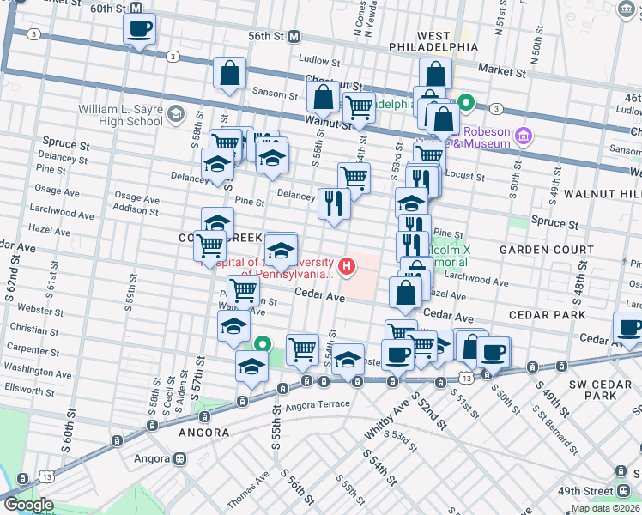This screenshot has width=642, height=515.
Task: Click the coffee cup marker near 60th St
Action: (139, 30)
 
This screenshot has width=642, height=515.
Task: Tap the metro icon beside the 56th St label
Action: (294, 37)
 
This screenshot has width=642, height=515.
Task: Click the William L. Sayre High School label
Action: (121, 115)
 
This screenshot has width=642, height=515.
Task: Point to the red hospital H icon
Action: (347, 267)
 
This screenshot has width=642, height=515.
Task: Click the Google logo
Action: (28, 505)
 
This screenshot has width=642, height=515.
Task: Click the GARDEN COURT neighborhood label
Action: (546, 250)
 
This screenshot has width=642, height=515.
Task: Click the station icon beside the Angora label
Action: (180, 458)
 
